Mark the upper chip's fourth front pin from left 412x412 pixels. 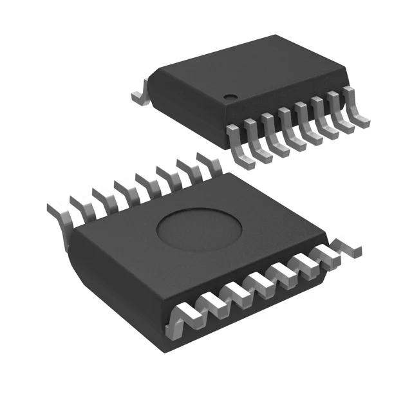[287, 128]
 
